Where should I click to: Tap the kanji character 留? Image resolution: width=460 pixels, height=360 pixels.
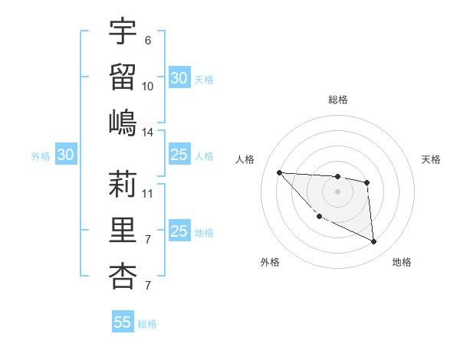click(123, 76)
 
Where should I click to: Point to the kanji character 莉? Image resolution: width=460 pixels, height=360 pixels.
click(123, 183)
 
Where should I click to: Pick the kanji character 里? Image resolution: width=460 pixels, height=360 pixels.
click(123, 229)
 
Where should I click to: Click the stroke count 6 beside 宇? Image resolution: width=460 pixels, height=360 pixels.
click(147, 40)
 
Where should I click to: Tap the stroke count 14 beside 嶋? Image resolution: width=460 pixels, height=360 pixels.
click(148, 132)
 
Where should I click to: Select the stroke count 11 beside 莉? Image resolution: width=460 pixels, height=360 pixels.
click(148, 193)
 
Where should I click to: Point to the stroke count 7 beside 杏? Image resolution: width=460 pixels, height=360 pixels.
click(147, 286)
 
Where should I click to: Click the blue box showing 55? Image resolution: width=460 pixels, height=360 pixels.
click(123, 322)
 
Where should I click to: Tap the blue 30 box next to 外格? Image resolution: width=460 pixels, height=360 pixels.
click(65, 155)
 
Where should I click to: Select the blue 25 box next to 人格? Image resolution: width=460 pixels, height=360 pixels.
click(179, 155)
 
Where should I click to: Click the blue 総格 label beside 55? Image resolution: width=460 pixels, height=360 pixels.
click(147, 324)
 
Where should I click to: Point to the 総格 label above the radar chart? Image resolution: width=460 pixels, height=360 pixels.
click(337, 100)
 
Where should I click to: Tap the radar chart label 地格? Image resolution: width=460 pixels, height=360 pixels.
click(402, 263)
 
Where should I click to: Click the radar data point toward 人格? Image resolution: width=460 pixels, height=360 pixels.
click(279, 172)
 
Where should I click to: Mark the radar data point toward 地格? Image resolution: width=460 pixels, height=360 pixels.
click(373, 242)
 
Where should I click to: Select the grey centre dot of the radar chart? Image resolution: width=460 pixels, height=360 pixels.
click(337, 191)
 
